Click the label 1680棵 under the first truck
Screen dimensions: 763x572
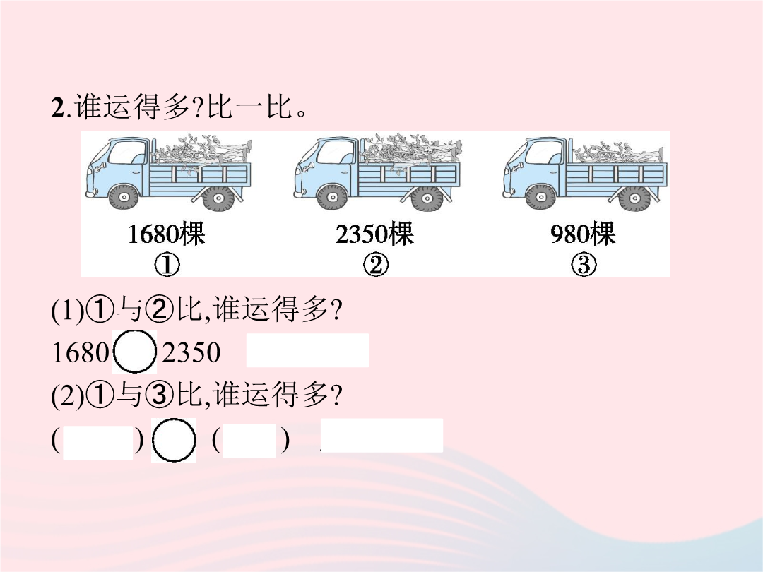click(167, 234)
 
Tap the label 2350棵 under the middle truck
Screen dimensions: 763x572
click(374, 234)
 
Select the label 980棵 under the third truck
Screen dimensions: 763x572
click(583, 234)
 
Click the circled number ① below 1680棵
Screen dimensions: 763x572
click(167, 265)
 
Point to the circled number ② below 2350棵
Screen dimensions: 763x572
click(376, 265)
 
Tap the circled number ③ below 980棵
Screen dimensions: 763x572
click(584, 265)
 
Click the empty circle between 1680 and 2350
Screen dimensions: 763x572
click(135, 352)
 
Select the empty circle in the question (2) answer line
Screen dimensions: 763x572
click(174, 440)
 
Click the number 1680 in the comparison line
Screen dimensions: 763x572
click(81, 352)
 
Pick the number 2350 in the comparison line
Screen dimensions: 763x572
click(191, 352)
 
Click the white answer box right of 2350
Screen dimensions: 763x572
click(307, 350)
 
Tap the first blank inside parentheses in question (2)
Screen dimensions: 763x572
click(97, 443)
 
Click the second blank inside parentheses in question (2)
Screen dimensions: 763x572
click(249, 441)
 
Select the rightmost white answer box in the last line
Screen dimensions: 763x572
click(382, 435)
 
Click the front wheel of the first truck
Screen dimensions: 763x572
click(124, 197)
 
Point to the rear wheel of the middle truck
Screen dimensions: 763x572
click(427, 198)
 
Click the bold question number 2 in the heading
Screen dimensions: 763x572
click(57, 108)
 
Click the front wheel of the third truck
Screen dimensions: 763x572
click(540, 197)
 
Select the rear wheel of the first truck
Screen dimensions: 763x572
click(218, 198)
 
